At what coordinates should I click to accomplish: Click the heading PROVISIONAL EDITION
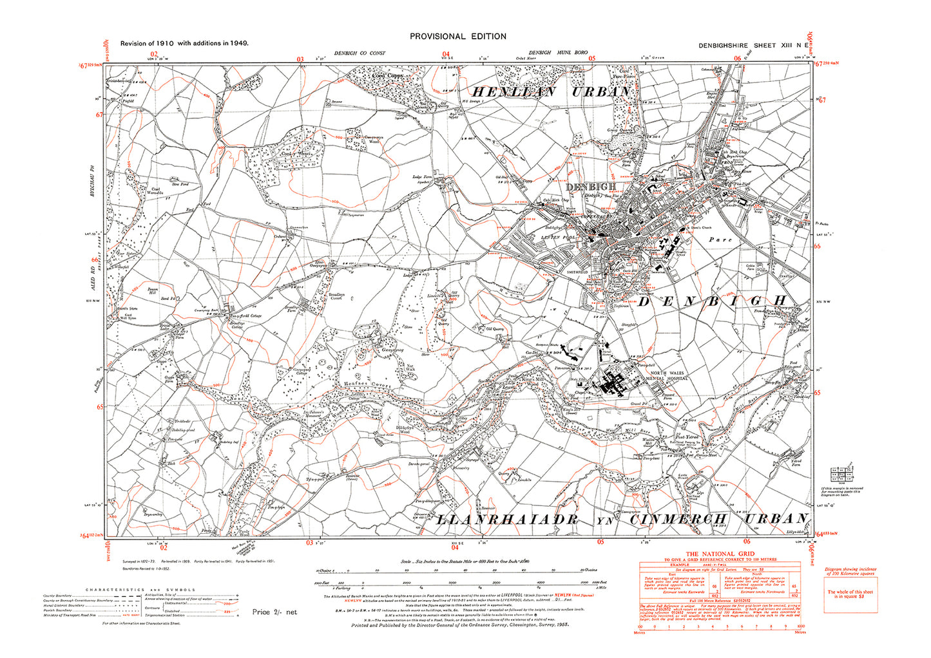(x=457, y=37)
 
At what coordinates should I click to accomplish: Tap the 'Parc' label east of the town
(x=720, y=240)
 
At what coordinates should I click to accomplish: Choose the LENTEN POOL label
(x=558, y=238)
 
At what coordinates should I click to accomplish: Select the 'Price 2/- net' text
(x=274, y=612)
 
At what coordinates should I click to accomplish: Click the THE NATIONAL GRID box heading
(x=719, y=554)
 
